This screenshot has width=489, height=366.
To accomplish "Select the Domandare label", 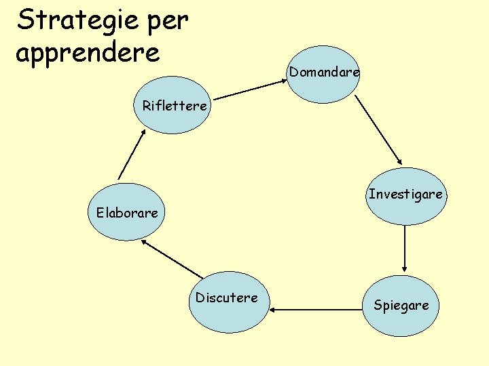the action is pyautogui.click(x=324, y=71).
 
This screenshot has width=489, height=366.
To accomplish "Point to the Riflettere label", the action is pyautogui.click(x=175, y=106).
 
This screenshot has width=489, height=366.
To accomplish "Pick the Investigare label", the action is pyautogui.click(x=405, y=195).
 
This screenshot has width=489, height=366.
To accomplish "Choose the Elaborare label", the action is pyautogui.click(x=126, y=213).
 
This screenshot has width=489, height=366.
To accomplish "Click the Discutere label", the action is pyautogui.click(x=227, y=298).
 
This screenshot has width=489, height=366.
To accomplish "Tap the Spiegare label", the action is pyautogui.click(x=401, y=305).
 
